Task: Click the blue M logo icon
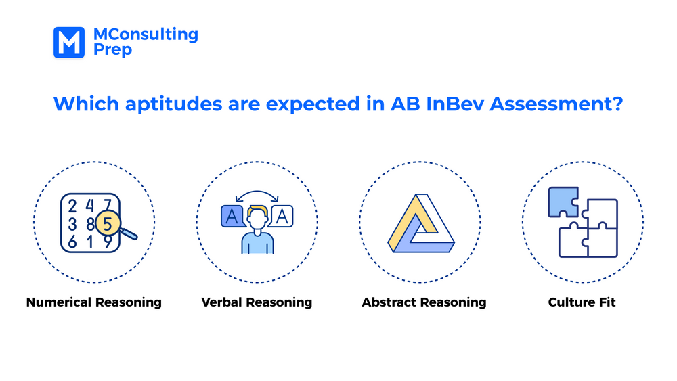pyautogui.click(x=68, y=42)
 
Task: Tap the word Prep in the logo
pyautogui.click(x=112, y=50)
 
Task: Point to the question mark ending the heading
pyautogui.click(x=617, y=104)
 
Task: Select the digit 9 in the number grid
pyautogui.click(x=106, y=242)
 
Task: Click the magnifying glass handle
pyautogui.click(x=129, y=233)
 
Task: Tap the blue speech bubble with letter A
pyautogui.click(x=232, y=217)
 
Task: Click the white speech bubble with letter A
pyautogui.click(x=282, y=216)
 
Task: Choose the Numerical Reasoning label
pyautogui.click(x=94, y=302)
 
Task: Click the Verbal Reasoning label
pyautogui.click(x=257, y=302)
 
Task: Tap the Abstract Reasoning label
pyautogui.click(x=424, y=302)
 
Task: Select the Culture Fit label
pyautogui.click(x=582, y=302)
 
